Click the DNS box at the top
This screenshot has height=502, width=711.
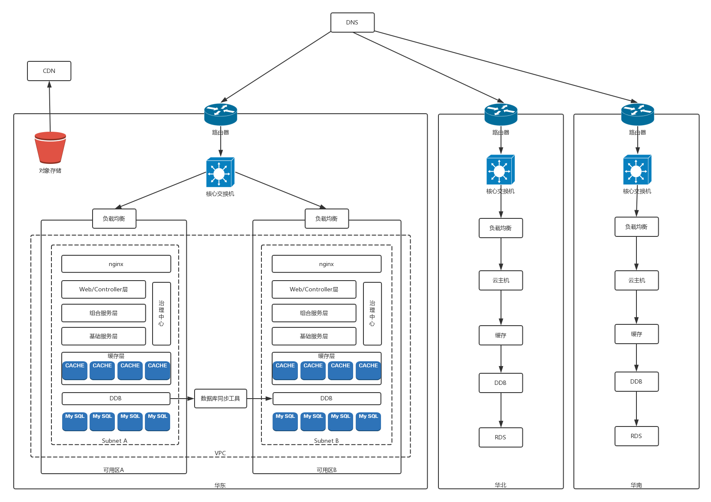click(x=352, y=22)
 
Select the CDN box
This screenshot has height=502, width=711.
click(x=49, y=71)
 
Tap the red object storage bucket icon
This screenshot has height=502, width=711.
click(x=50, y=148)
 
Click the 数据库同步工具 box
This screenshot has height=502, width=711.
click(x=220, y=398)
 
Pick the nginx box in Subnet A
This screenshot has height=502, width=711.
click(x=116, y=264)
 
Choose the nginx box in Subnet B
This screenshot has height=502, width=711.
click(x=326, y=264)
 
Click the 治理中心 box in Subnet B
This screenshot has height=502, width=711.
click(x=372, y=313)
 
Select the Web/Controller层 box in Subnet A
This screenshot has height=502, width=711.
click(x=103, y=289)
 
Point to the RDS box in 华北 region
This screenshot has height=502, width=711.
click(x=501, y=437)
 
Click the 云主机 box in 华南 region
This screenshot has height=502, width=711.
click(x=636, y=280)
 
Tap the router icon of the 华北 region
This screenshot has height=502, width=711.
click(x=501, y=114)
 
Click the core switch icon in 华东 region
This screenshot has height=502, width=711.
click(x=220, y=172)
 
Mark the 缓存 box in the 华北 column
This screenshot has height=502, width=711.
click(x=501, y=335)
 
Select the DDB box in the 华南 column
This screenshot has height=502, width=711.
click(x=636, y=381)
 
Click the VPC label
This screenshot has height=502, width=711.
click(x=220, y=453)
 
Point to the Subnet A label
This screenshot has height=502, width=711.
click(x=114, y=441)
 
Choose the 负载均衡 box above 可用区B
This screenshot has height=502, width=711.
click(x=326, y=218)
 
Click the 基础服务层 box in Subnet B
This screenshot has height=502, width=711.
click(x=314, y=336)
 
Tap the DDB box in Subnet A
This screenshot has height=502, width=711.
click(x=116, y=398)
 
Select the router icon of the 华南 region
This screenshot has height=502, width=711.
click(x=637, y=114)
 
